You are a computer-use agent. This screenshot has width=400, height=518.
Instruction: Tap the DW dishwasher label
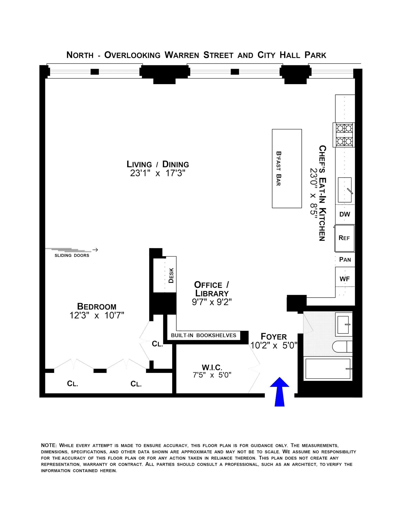click(344, 214)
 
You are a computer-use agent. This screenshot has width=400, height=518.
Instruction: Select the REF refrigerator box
click(344, 238)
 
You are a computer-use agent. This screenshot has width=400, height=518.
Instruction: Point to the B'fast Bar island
click(286, 168)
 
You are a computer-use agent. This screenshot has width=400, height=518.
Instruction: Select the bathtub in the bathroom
click(328, 369)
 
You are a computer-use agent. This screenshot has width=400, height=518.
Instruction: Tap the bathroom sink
click(343, 325)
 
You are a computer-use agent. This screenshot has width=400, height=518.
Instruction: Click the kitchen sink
click(344, 190)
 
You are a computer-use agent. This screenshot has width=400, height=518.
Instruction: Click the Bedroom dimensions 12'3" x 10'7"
click(97, 315)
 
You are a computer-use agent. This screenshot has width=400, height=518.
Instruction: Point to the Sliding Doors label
click(72, 255)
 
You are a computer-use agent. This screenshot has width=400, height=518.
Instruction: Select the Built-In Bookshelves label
click(203, 335)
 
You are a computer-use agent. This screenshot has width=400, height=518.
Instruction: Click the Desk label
click(171, 275)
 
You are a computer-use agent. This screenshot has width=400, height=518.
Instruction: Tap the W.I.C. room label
click(212, 367)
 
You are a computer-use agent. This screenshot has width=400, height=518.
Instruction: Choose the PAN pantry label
click(345, 260)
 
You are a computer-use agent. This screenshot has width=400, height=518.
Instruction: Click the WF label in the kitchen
click(344, 279)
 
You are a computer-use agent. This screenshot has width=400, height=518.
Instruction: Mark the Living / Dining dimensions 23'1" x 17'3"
click(158, 173)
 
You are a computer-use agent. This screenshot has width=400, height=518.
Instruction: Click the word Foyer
click(274, 337)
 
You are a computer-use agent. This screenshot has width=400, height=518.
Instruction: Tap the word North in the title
click(80, 55)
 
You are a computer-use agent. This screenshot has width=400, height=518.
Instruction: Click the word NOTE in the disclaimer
click(49, 445)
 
